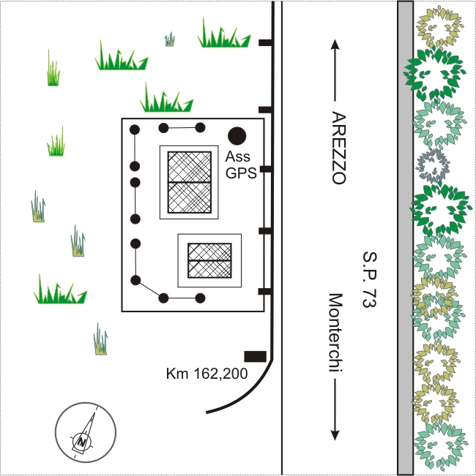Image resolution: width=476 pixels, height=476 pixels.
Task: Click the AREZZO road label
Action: (338, 148)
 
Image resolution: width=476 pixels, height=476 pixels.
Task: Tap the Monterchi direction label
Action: (336, 333)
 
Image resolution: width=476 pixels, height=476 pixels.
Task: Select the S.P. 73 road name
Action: (370, 279)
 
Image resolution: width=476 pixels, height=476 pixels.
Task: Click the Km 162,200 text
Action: (207, 373)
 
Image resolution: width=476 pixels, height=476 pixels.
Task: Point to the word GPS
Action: (241, 173)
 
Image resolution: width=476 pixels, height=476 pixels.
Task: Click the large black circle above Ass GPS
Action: (237, 136)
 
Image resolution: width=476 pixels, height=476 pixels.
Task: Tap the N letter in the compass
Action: (82, 442)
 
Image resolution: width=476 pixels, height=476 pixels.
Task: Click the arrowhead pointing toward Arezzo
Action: (335, 45)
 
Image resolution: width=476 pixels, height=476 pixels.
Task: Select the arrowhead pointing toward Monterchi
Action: (335, 435)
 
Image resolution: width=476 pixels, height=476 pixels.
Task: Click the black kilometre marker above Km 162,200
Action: (256, 357)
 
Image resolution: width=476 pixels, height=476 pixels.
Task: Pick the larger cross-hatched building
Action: (190, 182)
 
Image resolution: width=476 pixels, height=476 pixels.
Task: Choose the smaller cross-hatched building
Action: (209, 260)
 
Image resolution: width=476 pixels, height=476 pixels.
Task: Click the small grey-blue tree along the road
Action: (433, 165)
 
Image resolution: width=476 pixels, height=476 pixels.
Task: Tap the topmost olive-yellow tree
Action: (439, 26)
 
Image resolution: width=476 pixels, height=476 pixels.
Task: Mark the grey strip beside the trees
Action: (406, 238)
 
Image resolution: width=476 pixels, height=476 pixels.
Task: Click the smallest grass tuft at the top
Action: (170, 39)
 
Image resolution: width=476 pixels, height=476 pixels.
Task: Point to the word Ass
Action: (238, 156)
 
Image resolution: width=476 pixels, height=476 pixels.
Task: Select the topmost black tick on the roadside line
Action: (265, 42)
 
